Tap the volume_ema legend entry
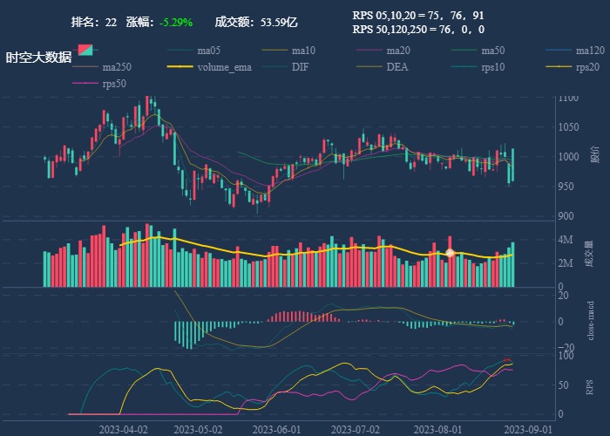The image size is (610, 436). (224, 67)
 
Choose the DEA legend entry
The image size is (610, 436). (396, 67)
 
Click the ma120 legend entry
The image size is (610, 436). (590, 50)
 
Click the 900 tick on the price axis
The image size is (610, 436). (566, 216)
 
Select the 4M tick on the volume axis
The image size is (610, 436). (565, 239)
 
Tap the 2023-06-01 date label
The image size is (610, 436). (276, 429)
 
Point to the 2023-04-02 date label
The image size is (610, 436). (123, 429)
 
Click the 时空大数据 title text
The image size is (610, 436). (38, 58)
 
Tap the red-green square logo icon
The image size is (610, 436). (85, 51)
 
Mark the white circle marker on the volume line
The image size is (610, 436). (450, 253)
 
